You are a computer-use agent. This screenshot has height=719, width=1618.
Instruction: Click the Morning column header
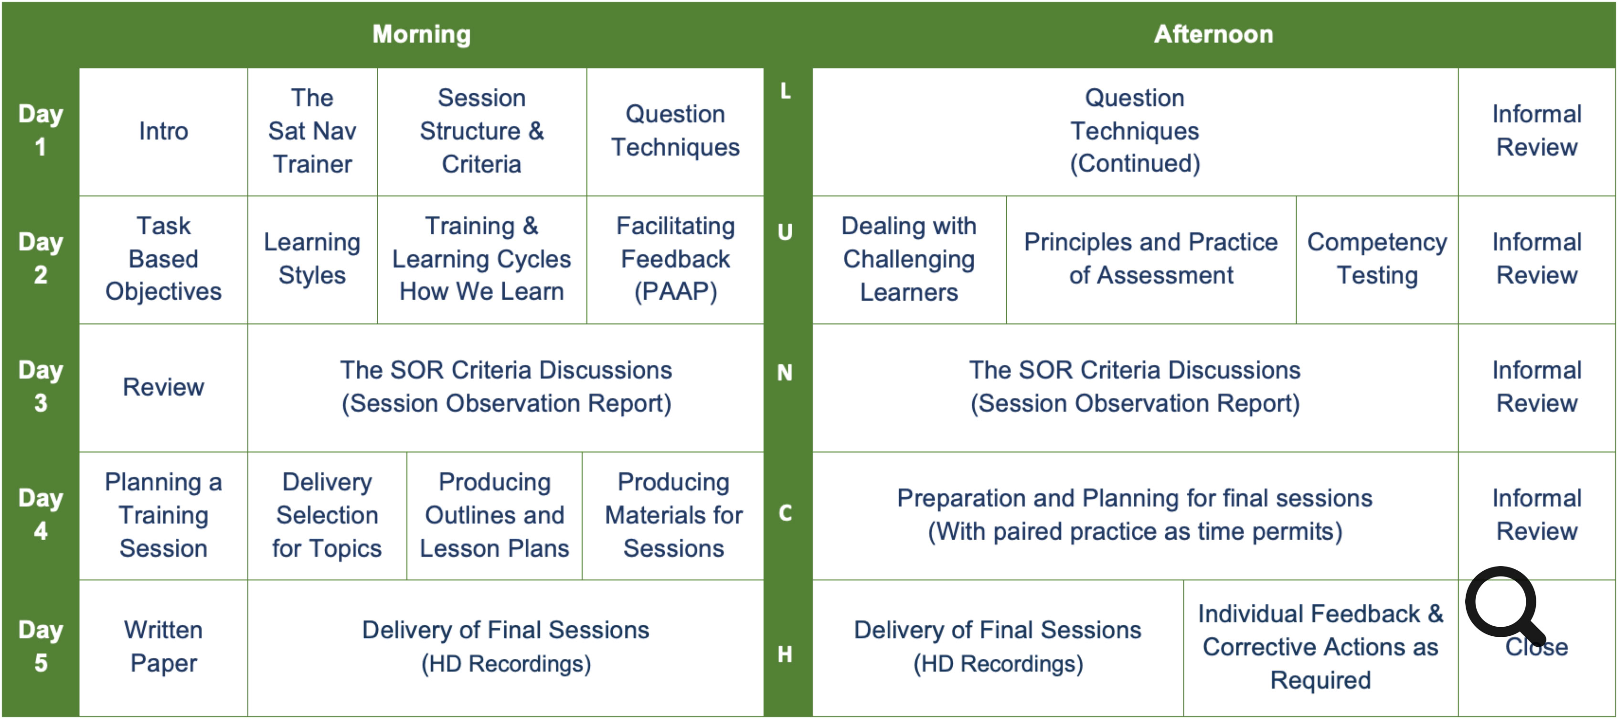(422, 34)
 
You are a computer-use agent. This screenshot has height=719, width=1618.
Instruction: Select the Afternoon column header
(1213, 34)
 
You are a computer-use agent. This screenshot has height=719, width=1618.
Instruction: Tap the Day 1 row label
(40, 130)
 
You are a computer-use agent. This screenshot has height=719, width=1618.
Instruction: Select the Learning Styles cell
(312, 259)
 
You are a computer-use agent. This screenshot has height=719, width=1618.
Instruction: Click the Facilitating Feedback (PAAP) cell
(675, 259)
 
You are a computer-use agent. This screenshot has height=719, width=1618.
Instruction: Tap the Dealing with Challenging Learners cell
(909, 259)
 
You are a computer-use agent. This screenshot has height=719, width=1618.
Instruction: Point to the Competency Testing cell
(1377, 259)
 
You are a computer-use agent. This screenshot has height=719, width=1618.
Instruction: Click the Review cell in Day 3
(163, 387)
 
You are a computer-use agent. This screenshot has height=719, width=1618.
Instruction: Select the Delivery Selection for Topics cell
(327, 515)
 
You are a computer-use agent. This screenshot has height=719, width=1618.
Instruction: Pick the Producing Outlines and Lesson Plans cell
(494, 515)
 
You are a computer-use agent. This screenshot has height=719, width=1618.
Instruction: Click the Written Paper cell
(163, 647)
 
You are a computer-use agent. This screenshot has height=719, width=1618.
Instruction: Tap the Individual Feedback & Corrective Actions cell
(1320, 647)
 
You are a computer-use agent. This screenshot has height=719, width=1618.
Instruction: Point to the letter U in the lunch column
(785, 232)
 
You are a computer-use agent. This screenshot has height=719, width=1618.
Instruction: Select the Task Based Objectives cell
(163, 259)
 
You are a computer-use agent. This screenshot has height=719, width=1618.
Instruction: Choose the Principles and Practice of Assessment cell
(1150, 259)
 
